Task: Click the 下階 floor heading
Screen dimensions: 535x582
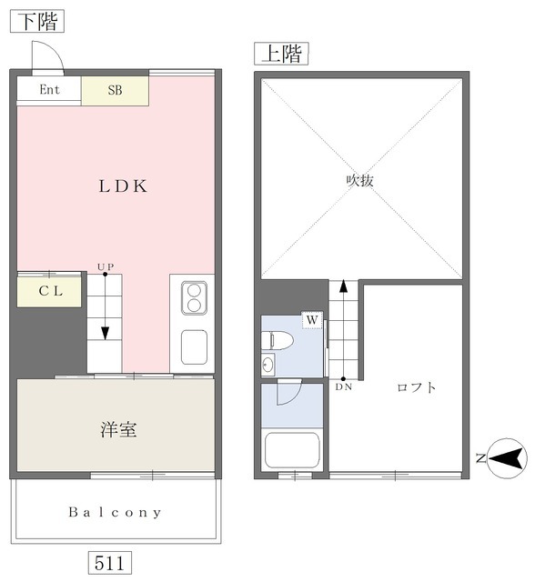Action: click(37, 21)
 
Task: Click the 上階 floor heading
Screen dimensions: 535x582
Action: click(281, 54)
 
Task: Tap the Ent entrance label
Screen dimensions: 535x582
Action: click(49, 89)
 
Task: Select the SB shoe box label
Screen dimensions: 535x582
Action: click(115, 90)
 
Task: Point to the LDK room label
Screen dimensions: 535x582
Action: click(123, 186)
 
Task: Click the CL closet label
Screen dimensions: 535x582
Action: click(50, 291)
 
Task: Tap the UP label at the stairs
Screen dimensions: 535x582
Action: click(106, 266)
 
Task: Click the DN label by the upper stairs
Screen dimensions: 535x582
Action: click(343, 387)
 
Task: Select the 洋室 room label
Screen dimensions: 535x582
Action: click(118, 429)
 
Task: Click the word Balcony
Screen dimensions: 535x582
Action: click(115, 513)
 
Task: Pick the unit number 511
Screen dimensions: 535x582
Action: click(109, 564)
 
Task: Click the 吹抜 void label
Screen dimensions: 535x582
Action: click(359, 181)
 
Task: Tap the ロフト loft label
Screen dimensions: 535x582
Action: click(416, 387)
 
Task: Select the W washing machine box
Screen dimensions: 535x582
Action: click(312, 320)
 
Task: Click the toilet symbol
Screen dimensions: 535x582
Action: click(277, 340)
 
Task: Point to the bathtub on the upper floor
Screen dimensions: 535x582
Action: click(292, 451)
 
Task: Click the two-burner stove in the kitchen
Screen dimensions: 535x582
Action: click(194, 298)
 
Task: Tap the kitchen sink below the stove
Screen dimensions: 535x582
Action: click(194, 347)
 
